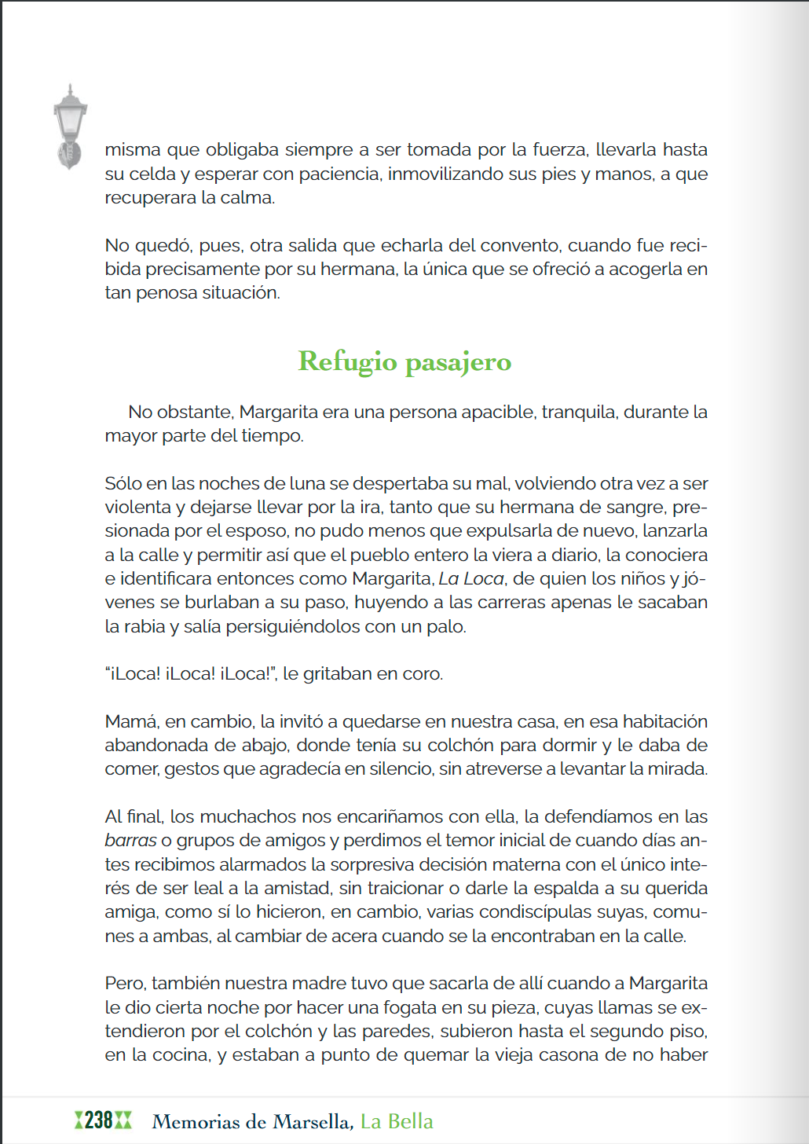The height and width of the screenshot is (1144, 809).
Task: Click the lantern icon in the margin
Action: pyautogui.click(x=70, y=126)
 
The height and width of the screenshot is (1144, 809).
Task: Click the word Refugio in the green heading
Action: pyautogui.click(x=347, y=362)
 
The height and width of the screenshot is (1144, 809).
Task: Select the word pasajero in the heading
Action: pyautogui.click(x=458, y=363)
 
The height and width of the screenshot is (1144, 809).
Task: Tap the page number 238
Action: pyautogui.click(x=99, y=1120)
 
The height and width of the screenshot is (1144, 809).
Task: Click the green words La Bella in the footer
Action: pyautogui.click(x=397, y=1121)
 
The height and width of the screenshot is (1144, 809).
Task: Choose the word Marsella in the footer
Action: pyautogui.click(x=313, y=1121)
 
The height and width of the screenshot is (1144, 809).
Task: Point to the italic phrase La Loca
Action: pyautogui.click(x=471, y=578)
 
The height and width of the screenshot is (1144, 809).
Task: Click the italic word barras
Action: pyautogui.click(x=130, y=841)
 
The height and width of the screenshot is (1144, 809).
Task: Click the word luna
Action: pyautogui.click(x=309, y=483)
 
